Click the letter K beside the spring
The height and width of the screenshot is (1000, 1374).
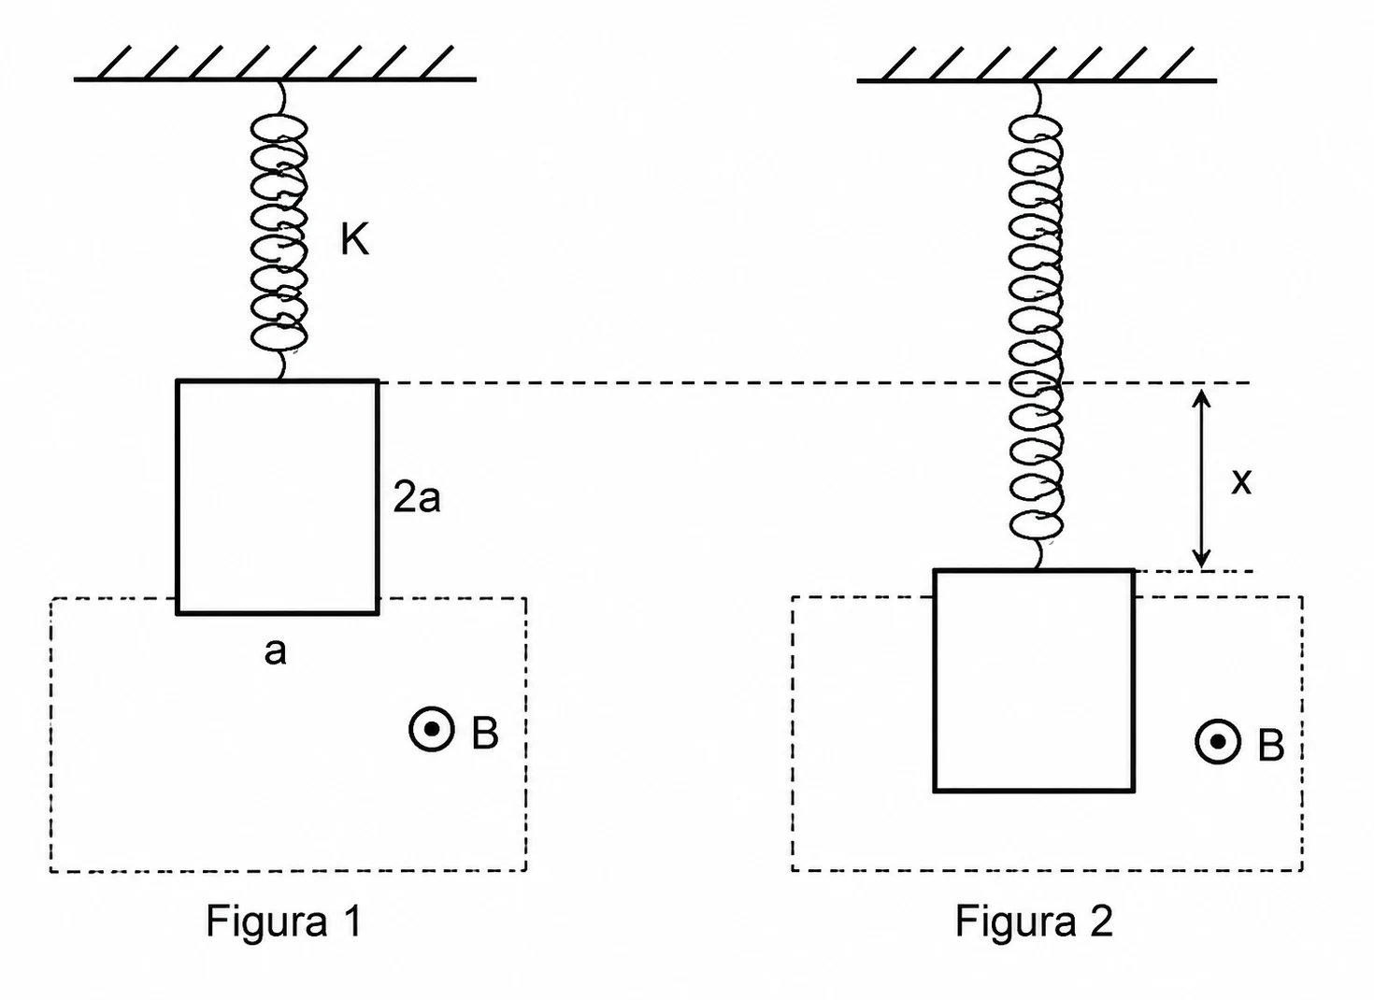click(355, 239)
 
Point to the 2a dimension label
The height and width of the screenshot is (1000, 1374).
click(417, 497)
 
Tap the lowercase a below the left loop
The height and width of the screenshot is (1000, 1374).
click(275, 651)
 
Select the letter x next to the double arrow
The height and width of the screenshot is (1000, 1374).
click(1241, 482)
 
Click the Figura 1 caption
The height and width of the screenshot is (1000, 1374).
click(284, 922)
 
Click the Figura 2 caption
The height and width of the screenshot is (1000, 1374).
click(1034, 922)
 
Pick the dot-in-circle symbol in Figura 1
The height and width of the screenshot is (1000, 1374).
click(432, 729)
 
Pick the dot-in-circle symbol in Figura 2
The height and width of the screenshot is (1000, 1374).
click(1218, 742)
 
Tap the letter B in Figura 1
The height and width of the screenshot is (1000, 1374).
click(484, 732)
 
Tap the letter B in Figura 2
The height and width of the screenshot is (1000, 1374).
click(1271, 746)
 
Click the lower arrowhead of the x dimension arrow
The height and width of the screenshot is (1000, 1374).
click(1201, 557)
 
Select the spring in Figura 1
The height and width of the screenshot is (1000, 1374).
click(279, 230)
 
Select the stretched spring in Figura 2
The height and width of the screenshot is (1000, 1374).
click(1036, 325)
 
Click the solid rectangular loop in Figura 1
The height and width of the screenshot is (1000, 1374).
click(178, 497)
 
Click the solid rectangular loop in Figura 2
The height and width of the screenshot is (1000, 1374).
click(935, 681)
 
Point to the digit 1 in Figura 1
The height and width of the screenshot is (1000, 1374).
click(353, 921)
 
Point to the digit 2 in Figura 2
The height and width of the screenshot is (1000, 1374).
click(1101, 921)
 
